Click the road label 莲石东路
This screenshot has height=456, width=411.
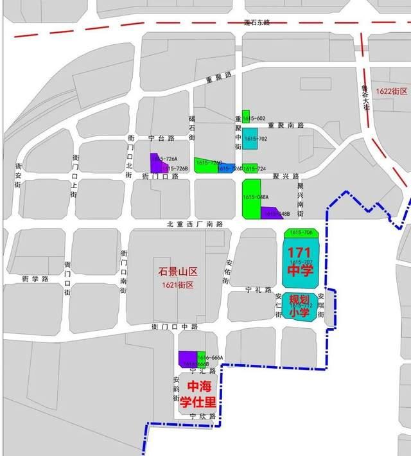point(258,22)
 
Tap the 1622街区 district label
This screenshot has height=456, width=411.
point(392,92)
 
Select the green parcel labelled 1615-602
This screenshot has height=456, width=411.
point(246,116)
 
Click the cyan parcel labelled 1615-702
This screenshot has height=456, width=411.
point(249,139)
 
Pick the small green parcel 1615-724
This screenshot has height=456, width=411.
point(250,168)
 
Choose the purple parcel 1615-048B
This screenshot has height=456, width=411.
point(272,213)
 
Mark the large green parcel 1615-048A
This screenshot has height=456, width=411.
point(251,198)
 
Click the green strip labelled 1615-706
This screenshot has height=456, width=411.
point(301,232)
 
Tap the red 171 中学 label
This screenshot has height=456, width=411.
point(300,261)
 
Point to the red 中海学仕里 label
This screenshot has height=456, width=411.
point(198,394)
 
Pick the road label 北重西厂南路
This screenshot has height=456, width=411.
point(195,224)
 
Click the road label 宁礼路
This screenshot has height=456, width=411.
point(259,290)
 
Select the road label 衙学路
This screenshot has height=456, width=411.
point(35,279)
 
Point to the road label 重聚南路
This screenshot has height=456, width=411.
point(285,125)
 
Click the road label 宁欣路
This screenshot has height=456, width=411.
point(201,417)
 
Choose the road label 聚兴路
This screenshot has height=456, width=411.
point(286,175)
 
